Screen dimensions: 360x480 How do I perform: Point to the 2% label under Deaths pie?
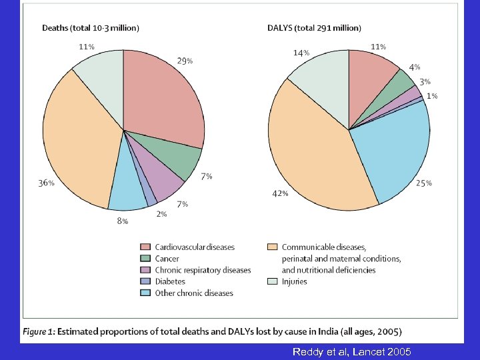click(x=161, y=214)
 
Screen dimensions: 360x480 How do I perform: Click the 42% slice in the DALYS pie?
click(x=313, y=160)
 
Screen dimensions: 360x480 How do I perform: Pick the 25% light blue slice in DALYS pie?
click(x=393, y=150)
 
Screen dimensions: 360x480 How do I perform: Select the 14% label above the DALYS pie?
click(x=301, y=53)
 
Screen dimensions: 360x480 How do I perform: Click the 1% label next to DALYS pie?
click(x=432, y=96)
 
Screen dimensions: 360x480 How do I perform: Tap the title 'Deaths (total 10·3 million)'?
click(x=91, y=28)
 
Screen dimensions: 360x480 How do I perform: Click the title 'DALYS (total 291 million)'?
click(x=314, y=28)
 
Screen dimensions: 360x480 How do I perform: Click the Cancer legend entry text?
click(x=167, y=259)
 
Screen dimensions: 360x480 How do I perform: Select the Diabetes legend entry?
click(x=170, y=281)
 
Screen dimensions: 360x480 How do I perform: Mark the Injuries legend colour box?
click(x=272, y=281)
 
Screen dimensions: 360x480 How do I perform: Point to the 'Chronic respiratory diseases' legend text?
click(x=203, y=270)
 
